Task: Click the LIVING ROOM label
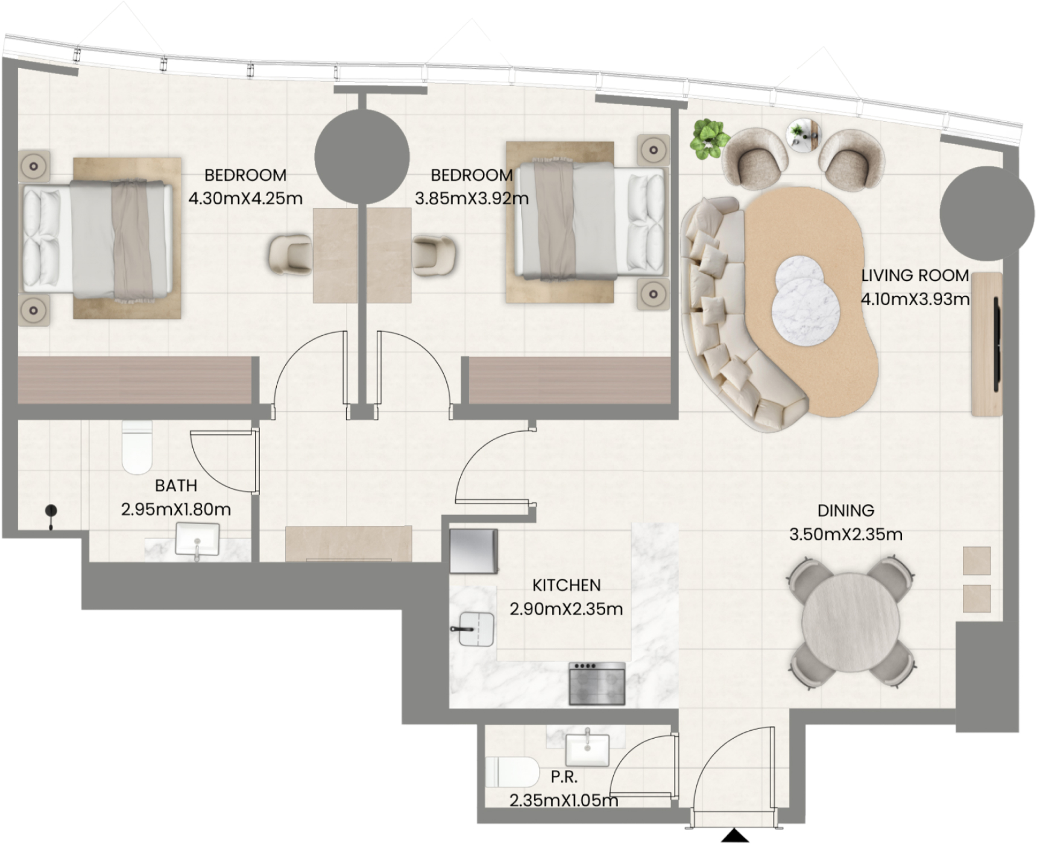point(915,276)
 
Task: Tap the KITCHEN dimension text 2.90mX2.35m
point(566,609)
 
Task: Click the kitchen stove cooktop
point(597,683)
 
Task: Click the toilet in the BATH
point(137,447)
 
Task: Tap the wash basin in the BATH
point(197,540)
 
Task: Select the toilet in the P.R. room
point(512,772)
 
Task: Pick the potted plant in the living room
point(709,138)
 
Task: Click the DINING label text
point(845,511)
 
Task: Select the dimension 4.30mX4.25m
point(245,198)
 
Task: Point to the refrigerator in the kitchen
point(474,551)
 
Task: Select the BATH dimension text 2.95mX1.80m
point(176,510)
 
